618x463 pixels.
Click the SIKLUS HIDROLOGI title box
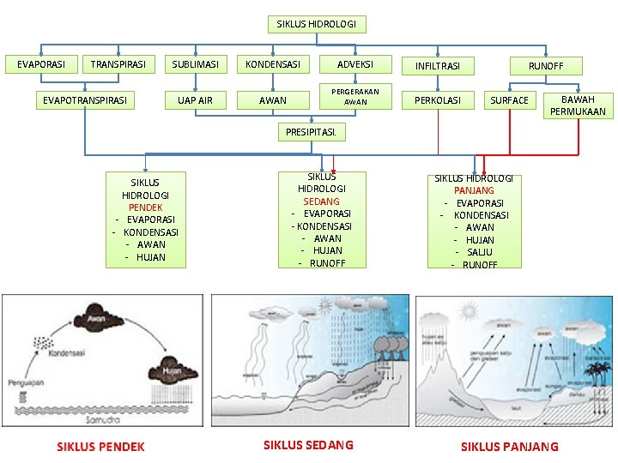point(316,24)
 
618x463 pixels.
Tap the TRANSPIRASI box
point(118,64)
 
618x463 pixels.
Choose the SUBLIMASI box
point(195,64)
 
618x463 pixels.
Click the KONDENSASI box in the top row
point(273,64)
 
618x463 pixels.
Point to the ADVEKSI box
point(354,64)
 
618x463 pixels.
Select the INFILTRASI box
point(438,66)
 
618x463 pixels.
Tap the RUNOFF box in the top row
point(546,66)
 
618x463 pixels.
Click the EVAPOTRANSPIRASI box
point(85,101)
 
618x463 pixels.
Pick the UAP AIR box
point(195,101)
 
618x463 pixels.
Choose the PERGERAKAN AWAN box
point(355,96)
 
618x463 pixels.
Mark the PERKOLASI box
point(438,101)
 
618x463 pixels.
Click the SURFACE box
point(510,101)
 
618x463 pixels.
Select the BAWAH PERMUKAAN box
point(578,105)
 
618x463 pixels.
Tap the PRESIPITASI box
point(311,132)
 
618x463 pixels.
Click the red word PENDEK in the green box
point(145,207)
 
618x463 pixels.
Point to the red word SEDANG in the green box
point(321,201)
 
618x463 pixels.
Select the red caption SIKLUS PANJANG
point(509,447)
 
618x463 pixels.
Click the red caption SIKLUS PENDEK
point(100,447)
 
